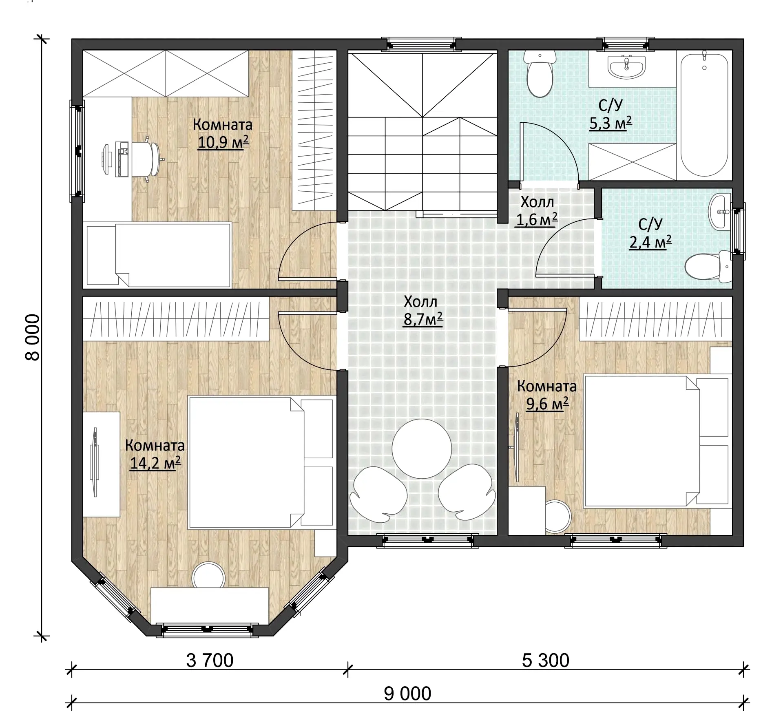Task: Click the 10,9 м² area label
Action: coord(223,142)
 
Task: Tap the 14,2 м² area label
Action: coord(155,463)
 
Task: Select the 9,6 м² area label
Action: coord(547,404)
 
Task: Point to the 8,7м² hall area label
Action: coord(423,319)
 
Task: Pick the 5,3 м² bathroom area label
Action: coord(610,123)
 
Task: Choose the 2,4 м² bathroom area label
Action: coord(650,242)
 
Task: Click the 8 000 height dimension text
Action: coord(33,337)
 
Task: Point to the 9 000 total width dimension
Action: coord(407,694)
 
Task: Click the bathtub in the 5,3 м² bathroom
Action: coord(704,114)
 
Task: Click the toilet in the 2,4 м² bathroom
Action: coord(709,267)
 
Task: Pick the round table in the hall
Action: coord(422,449)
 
